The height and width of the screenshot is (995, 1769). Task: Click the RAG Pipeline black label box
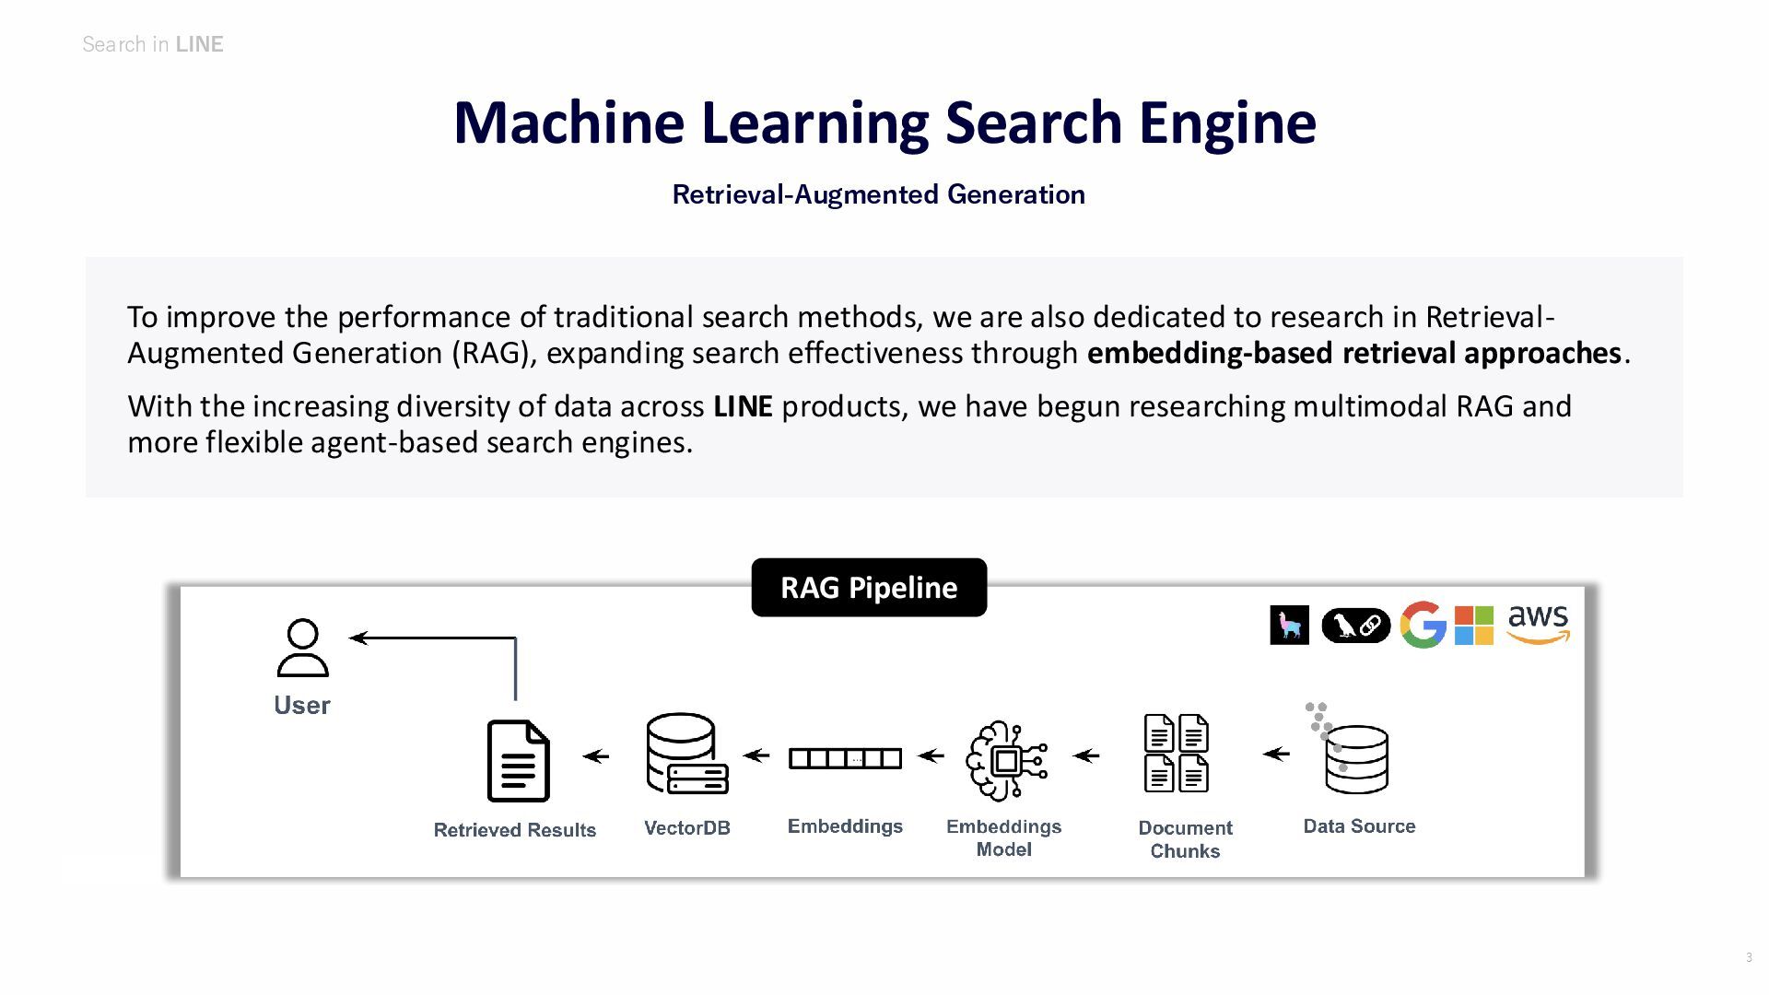click(x=869, y=588)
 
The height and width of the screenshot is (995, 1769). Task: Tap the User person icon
click(x=302, y=649)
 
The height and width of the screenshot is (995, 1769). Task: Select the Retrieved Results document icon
click(x=518, y=761)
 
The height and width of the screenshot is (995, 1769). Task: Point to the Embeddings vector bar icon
click(x=845, y=758)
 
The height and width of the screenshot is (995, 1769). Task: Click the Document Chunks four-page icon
click(x=1176, y=754)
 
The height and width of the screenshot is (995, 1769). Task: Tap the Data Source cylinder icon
click(x=1354, y=757)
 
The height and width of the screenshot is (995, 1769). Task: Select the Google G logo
click(x=1422, y=626)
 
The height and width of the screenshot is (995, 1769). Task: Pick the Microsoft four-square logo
click(x=1473, y=626)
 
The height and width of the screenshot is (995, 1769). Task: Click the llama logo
click(x=1289, y=626)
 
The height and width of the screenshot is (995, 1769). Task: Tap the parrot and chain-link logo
click(x=1355, y=626)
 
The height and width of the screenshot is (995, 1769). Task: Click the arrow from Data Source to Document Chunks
click(x=1276, y=754)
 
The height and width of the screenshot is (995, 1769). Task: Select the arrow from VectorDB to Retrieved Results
click(x=596, y=756)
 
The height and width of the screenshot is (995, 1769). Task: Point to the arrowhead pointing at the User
click(x=358, y=638)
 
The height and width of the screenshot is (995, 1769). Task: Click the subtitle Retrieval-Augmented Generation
click(x=878, y=194)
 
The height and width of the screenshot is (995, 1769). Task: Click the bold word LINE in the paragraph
click(x=743, y=406)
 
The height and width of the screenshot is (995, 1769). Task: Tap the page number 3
click(x=1749, y=958)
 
